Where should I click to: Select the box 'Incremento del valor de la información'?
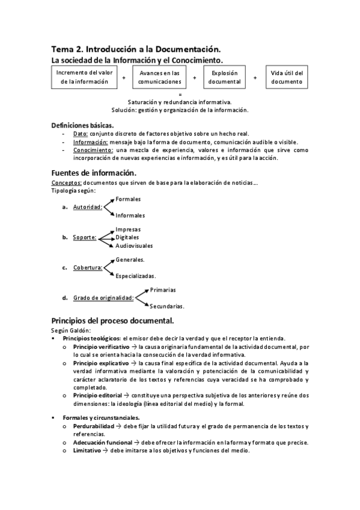pos(84,77)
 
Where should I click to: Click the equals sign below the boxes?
pos(180,94)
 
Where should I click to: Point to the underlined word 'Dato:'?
pos(81,134)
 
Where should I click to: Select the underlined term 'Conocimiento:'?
pos(93,150)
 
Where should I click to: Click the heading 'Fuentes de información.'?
pos(98,173)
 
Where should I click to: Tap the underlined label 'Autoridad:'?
pos(87,207)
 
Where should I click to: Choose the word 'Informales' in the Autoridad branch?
pos(130,215)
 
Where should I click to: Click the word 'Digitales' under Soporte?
pos(128,238)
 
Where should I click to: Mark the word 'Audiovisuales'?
pos(134,246)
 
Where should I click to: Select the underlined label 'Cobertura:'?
pos(88,268)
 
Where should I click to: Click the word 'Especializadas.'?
pos(136,277)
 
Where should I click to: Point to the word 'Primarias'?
pos(163,290)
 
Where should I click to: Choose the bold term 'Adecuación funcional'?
pos(103,443)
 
